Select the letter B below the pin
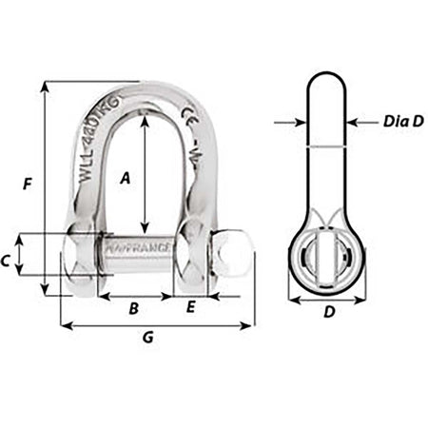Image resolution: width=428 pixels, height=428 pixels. tap(133, 308)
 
